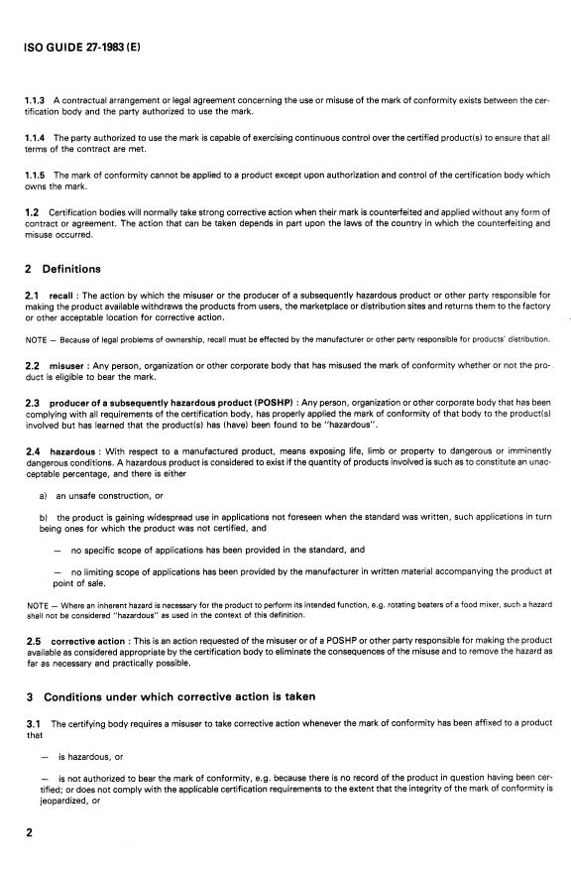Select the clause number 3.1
(34, 724)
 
